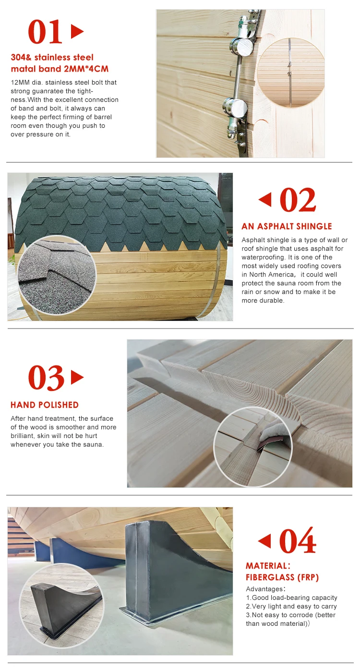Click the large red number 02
pos(298,200)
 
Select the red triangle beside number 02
pos(265,199)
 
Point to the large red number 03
pos(46,378)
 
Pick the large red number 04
pos(298,541)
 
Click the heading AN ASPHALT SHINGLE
pos(287,226)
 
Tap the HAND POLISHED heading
pos(45,405)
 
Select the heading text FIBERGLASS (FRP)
pos(282,577)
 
